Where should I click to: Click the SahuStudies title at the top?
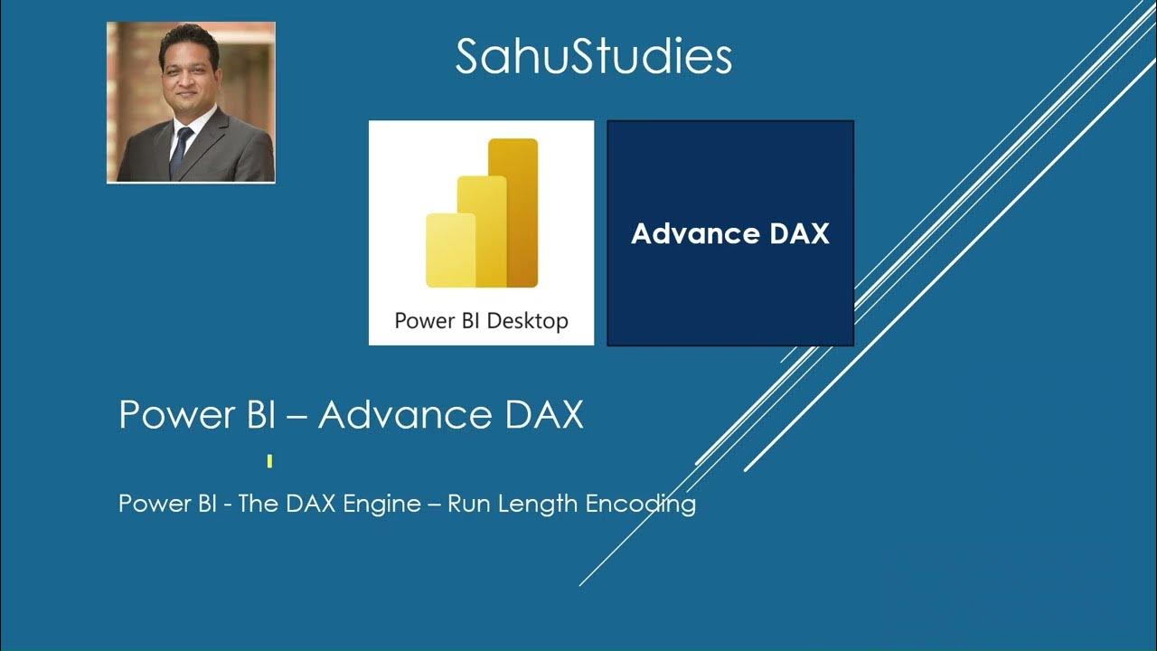[x=593, y=57]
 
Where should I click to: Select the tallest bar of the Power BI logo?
[x=513, y=212]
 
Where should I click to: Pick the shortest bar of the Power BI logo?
[x=450, y=250]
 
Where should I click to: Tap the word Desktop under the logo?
[x=527, y=321]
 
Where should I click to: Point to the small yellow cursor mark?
[x=270, y=462]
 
